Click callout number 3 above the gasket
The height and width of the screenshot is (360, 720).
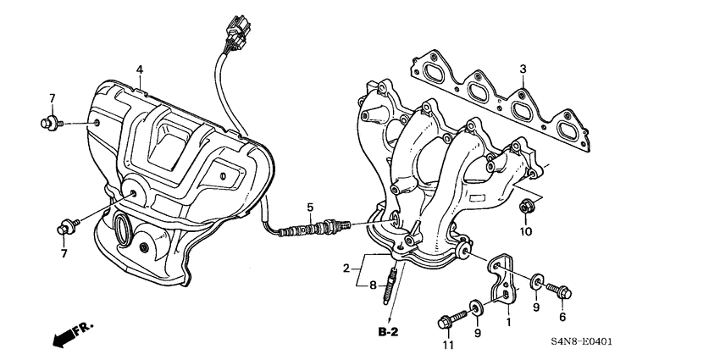(523, 69)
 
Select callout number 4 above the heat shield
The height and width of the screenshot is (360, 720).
(140, 69)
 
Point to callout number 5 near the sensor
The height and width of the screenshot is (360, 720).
(310, 207)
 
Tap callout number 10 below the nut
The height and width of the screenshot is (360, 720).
(524, 231)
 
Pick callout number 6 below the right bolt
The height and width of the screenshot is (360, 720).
(561, 317)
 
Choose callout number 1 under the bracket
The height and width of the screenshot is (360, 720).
(508, 321)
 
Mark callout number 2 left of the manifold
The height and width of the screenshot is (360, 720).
(346, 269)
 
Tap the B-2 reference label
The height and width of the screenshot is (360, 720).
(389, 331)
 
